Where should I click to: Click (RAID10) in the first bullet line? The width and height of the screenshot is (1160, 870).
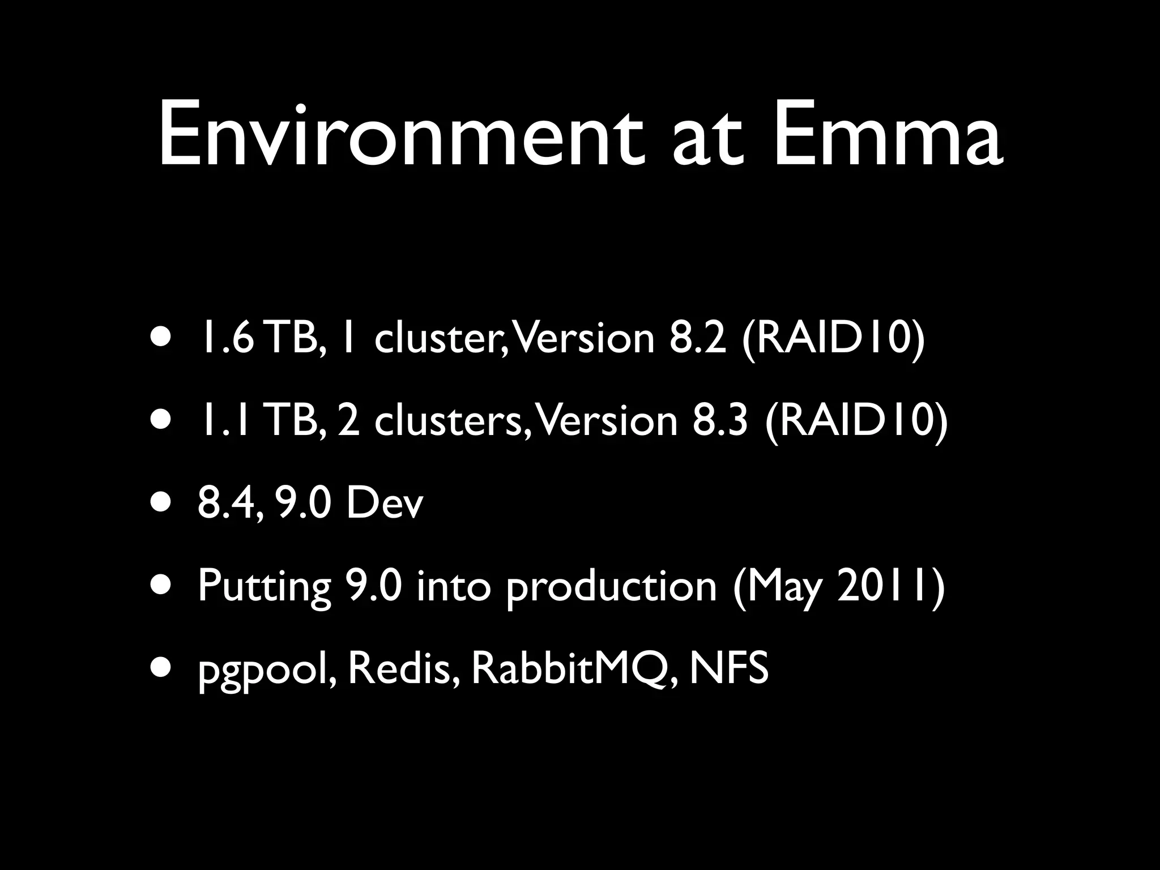coord(832,339)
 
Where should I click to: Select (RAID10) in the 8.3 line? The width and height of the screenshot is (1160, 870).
coord(855,421)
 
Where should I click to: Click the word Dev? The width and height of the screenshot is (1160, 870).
coord(385,503)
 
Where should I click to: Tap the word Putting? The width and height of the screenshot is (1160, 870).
coord(264,586)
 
